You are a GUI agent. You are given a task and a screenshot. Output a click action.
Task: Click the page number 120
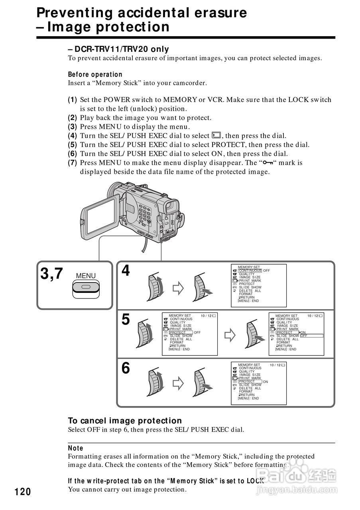pos(23,492)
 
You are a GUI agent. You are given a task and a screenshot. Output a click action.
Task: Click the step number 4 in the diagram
pos(126,271)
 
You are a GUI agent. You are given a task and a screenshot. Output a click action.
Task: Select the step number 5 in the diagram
pos(126,320)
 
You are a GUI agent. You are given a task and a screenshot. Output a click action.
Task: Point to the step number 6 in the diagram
pos(126,369)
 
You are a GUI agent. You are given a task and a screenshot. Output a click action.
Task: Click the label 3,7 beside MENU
pos(52,274)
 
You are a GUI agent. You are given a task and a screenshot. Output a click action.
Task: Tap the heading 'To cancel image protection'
pos(125,421)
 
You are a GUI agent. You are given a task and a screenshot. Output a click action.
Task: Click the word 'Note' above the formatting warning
pos(75,448)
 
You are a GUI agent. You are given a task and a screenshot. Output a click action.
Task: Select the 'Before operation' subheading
pos(95,75)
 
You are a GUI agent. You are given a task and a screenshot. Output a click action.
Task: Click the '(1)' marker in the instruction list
pos(72,100)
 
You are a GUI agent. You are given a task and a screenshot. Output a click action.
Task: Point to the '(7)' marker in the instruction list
pos(72,163)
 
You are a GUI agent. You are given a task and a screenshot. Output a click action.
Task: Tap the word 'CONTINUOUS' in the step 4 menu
pos(250,271)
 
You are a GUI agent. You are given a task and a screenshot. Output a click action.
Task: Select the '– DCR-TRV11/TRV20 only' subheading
pos(118,49)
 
